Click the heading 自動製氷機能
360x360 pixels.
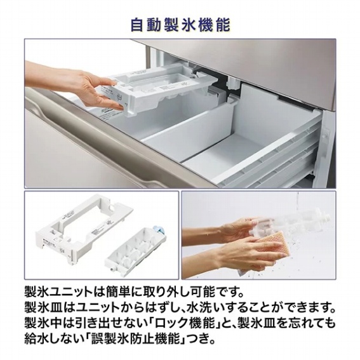(x=180, y=25)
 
